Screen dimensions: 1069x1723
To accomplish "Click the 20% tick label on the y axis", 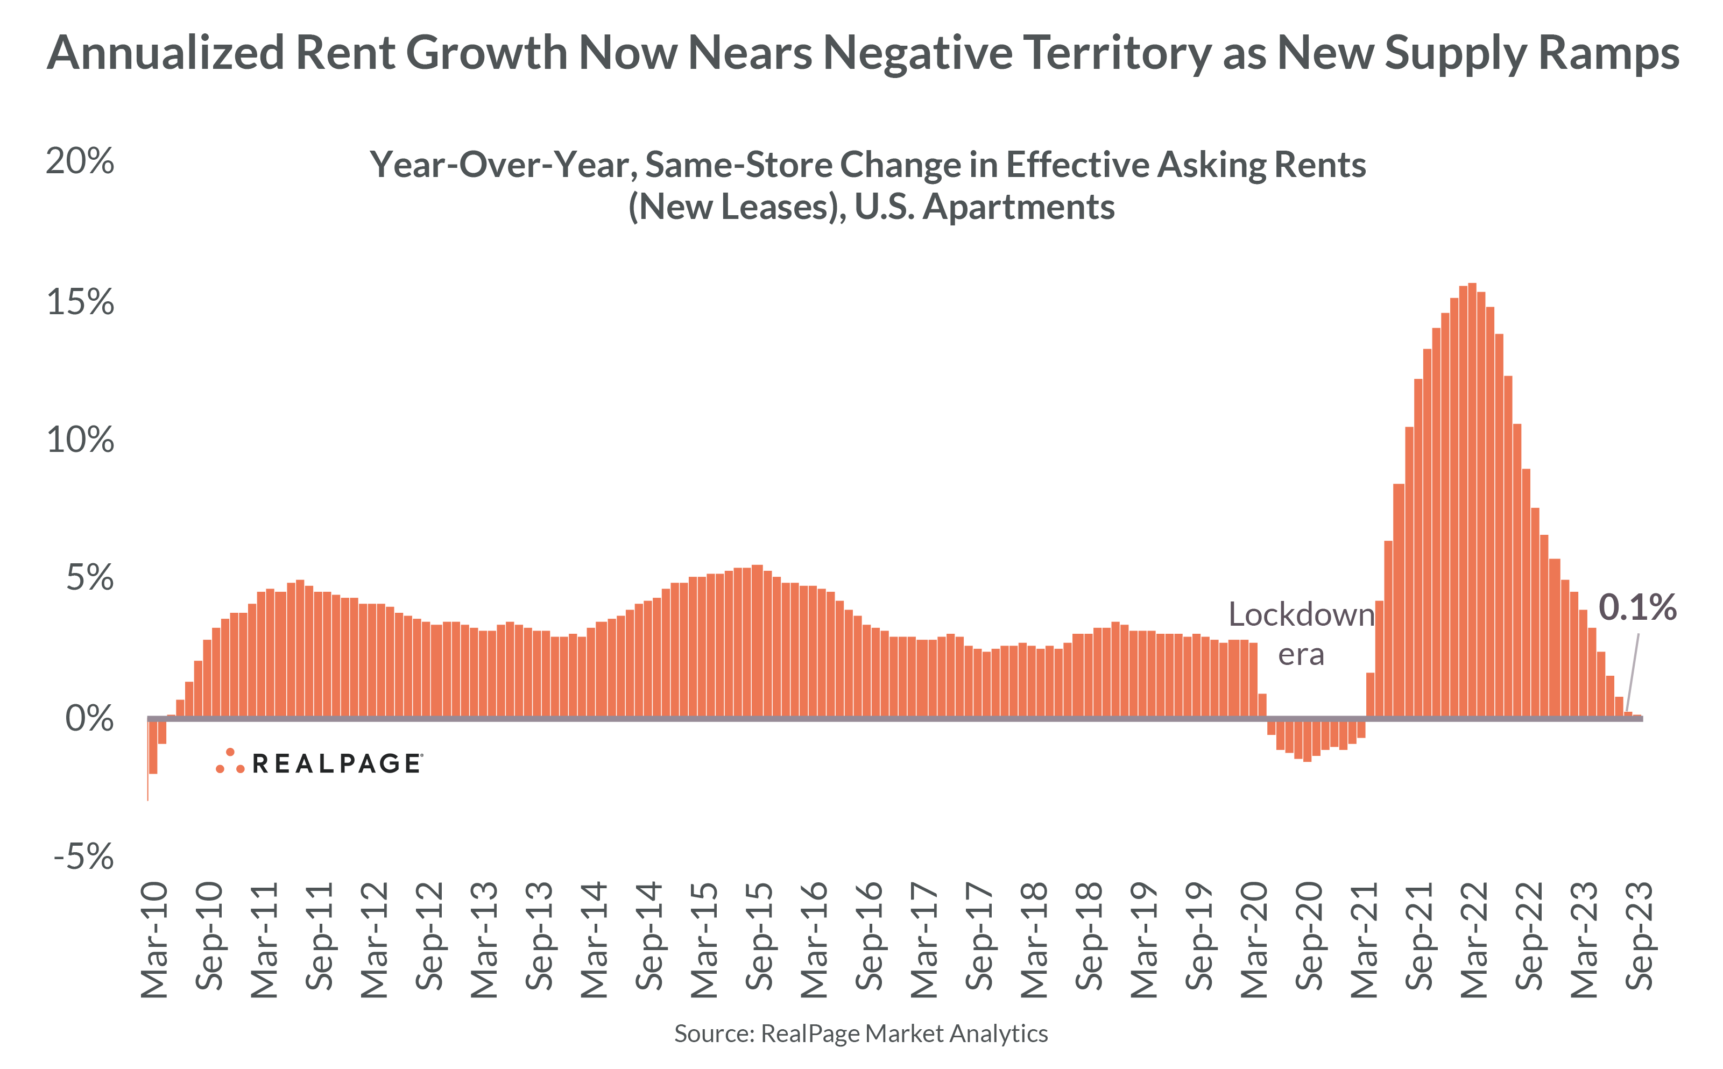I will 79,162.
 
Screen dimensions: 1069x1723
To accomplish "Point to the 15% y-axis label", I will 79,302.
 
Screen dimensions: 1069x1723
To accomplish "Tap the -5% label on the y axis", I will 83,857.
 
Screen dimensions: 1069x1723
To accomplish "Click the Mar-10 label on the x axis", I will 154,940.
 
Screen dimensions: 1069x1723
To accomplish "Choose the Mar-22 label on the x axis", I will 1473,940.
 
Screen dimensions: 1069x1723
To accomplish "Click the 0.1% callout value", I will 1637,607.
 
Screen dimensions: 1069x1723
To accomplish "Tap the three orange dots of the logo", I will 230,761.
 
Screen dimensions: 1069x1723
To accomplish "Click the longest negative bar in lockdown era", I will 1307,740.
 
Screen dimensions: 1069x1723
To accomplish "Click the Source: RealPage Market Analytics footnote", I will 860,1033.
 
